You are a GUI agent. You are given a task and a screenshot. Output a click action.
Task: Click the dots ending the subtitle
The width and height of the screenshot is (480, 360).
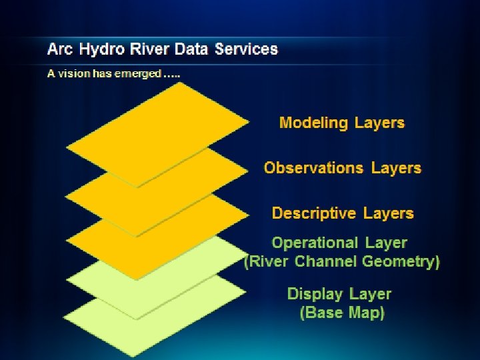pyautogui.click(x=171, y=75)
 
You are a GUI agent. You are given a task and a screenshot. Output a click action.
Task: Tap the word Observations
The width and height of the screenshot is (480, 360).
pyautogui.click(x=312, y=168)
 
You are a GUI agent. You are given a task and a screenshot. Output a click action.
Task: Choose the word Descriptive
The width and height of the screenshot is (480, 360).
pyautogui.click(x=314, y=213)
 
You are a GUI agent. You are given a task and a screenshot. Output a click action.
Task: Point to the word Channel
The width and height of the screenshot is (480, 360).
pyautogui.click(x=326, y=261)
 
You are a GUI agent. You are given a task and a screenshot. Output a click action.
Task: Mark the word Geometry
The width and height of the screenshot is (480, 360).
pyautogui.click(x=401, y=261)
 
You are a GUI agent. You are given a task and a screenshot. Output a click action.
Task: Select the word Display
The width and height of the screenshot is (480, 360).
pyautogui.click(x=316, y=294)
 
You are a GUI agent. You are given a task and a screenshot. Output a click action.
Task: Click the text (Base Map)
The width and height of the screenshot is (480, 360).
pyautogui.click(x=342, y=313)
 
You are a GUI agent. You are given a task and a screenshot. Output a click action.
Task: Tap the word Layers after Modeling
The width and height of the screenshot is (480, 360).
pyautogui.click(x=379, y=123)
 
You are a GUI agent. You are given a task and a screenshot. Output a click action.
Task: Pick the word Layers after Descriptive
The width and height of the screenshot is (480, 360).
pyautogui.click(x=389, y=213)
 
